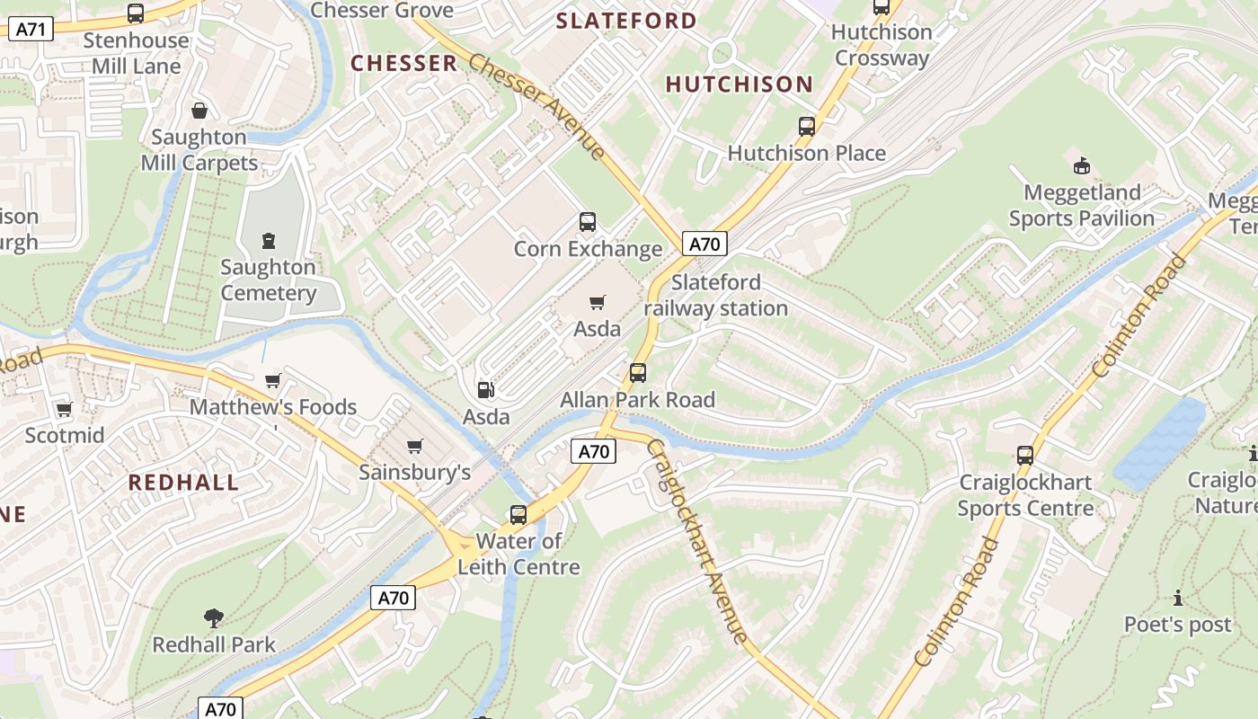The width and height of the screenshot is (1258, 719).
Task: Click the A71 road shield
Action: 31,29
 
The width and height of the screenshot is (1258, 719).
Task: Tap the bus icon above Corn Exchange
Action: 588,221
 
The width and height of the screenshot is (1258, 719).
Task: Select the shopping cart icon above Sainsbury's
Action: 414,446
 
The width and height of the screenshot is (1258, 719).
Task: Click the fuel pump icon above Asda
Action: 485,390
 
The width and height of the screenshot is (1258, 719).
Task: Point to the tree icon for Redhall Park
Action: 213,617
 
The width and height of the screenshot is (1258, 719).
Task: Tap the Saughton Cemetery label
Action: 268,280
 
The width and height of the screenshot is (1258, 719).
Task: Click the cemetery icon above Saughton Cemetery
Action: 268,240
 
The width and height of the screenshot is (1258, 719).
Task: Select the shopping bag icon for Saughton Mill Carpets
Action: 199,111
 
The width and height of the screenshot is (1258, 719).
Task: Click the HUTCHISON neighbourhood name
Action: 739,85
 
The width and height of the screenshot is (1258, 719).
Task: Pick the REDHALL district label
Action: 183,483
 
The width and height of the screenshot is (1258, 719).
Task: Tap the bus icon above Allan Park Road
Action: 638,372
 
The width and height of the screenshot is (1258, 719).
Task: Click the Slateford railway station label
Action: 716,296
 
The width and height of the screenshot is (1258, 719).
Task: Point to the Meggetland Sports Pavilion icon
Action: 1082,165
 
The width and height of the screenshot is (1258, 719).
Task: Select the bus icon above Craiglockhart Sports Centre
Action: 1025,455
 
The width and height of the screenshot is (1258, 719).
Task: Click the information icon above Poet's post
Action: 1178,598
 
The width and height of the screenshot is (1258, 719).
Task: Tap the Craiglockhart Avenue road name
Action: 697,542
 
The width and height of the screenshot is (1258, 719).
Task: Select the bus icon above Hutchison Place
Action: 807,126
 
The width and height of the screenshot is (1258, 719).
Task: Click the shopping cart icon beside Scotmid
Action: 64,410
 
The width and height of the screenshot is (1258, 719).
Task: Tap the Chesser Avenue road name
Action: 537,107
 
